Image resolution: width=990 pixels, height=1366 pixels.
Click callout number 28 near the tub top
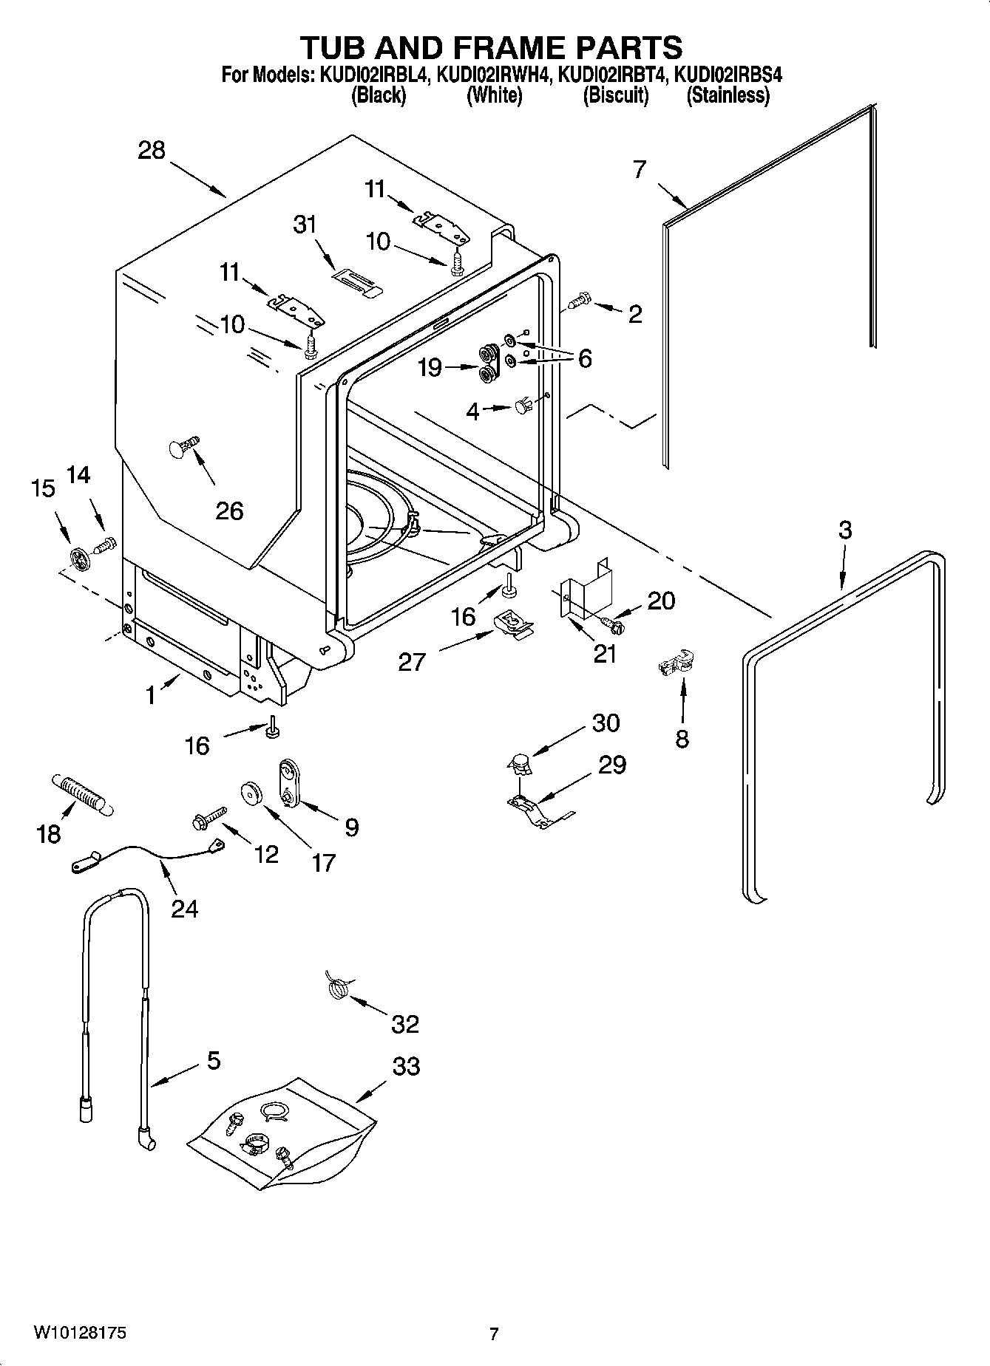[x=152, y=151]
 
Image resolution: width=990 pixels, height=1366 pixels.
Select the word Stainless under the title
[x=728, y=95]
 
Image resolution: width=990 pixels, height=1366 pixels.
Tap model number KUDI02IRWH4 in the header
[x=493, y=75]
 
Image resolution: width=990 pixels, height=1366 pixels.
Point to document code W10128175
[x=79, y=1333]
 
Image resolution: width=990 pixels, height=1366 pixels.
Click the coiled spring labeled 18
[x=81, y=795]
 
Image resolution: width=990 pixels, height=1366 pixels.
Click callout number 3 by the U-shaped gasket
[x=845, y=530]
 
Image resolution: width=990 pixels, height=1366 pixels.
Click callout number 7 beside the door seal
[x=640, y=170]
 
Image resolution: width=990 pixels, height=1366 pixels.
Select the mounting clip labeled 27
[x=512, y=623]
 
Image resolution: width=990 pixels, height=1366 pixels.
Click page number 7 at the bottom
[x=494, y=1333]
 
